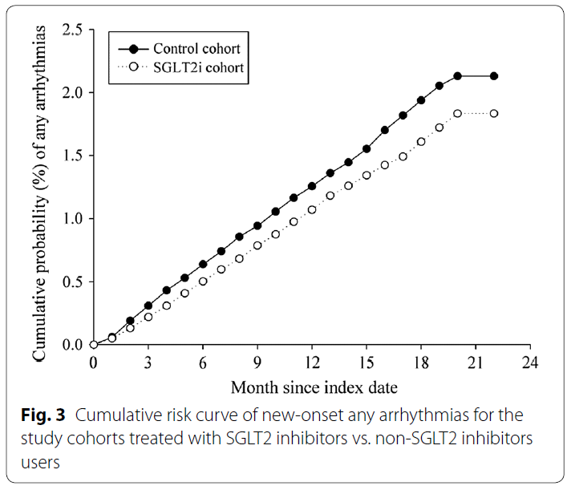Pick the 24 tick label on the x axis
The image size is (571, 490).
pos(528,362)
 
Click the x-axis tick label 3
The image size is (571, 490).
pos(148,362)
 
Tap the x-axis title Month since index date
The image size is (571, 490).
pos(314,387)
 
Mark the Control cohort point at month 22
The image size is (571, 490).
pos(494,76)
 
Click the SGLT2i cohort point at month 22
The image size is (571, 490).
pos(494,113)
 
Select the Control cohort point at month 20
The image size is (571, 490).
pos(458,76)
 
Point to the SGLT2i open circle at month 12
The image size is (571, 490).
pos(312,210)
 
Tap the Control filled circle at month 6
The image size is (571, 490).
pos(203,264)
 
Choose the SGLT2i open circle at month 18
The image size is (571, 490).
pos(421,141)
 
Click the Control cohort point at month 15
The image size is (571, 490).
pos(366,148)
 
